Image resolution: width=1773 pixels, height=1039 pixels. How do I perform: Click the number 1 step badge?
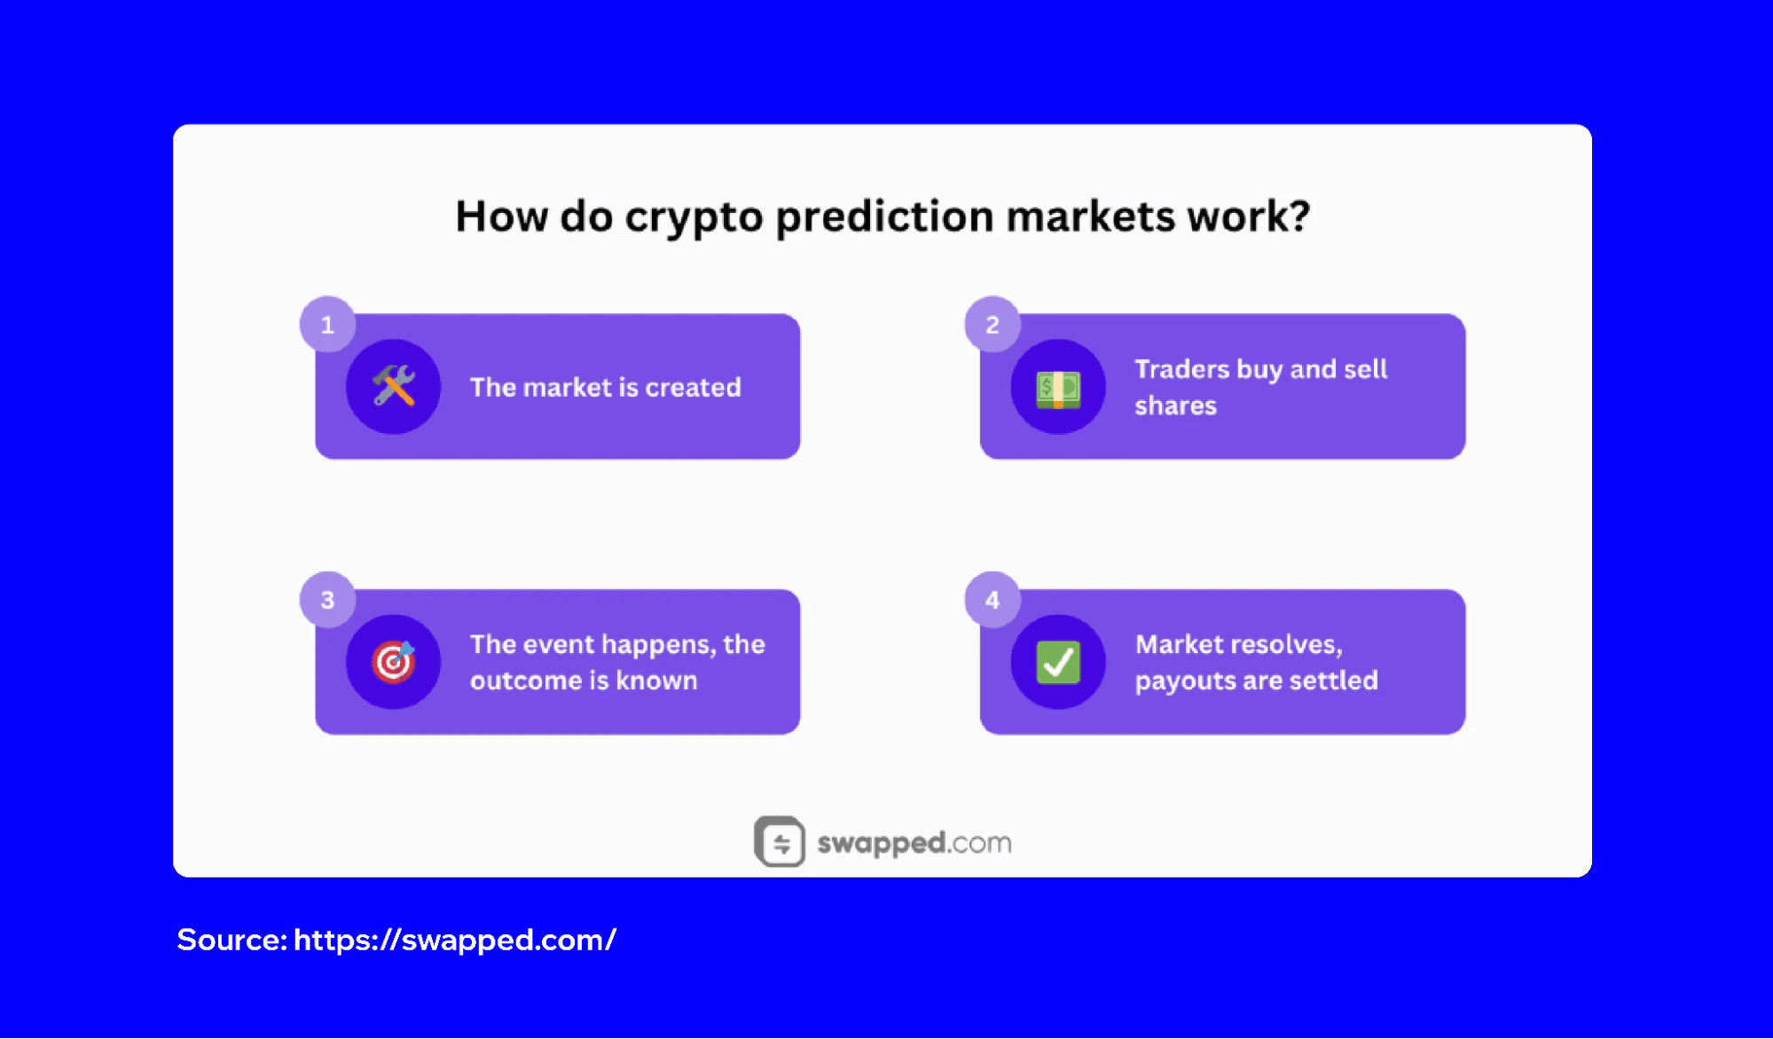[327, 325]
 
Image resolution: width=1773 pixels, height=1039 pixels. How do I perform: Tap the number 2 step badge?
[992, 325]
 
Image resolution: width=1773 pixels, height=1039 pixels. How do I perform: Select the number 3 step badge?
[327, 600]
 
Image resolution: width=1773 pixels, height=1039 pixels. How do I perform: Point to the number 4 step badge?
[992, 600]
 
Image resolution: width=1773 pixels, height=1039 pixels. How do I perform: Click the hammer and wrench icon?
[394, 387]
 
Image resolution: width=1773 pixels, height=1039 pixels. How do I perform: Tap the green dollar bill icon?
[1058, 388]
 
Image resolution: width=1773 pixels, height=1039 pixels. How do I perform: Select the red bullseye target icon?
[394, 662]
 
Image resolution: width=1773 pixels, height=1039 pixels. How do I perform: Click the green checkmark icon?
[1058, 662]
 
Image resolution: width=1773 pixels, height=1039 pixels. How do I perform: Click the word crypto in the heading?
[694, 218]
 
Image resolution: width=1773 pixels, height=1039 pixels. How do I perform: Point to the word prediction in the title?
[884, 218]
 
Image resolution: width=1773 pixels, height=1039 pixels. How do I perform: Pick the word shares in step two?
[1175, 406]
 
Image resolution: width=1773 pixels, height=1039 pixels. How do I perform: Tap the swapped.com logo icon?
[780, 841]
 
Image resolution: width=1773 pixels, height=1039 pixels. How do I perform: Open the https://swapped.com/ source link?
[454, 940]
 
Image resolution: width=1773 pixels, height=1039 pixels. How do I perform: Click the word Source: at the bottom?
[231, 940]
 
